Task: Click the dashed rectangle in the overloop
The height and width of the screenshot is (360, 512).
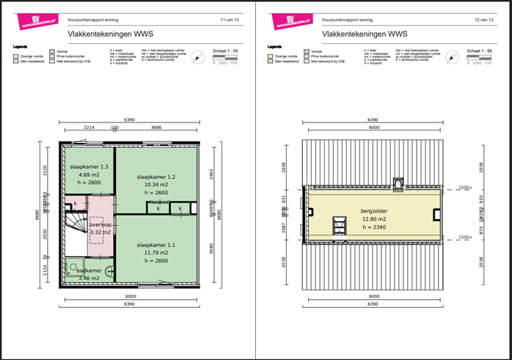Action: coord(97,229)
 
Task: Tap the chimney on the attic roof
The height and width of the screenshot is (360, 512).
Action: coord(398,183)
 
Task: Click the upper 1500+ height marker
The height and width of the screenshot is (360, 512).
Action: coord(463,188)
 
